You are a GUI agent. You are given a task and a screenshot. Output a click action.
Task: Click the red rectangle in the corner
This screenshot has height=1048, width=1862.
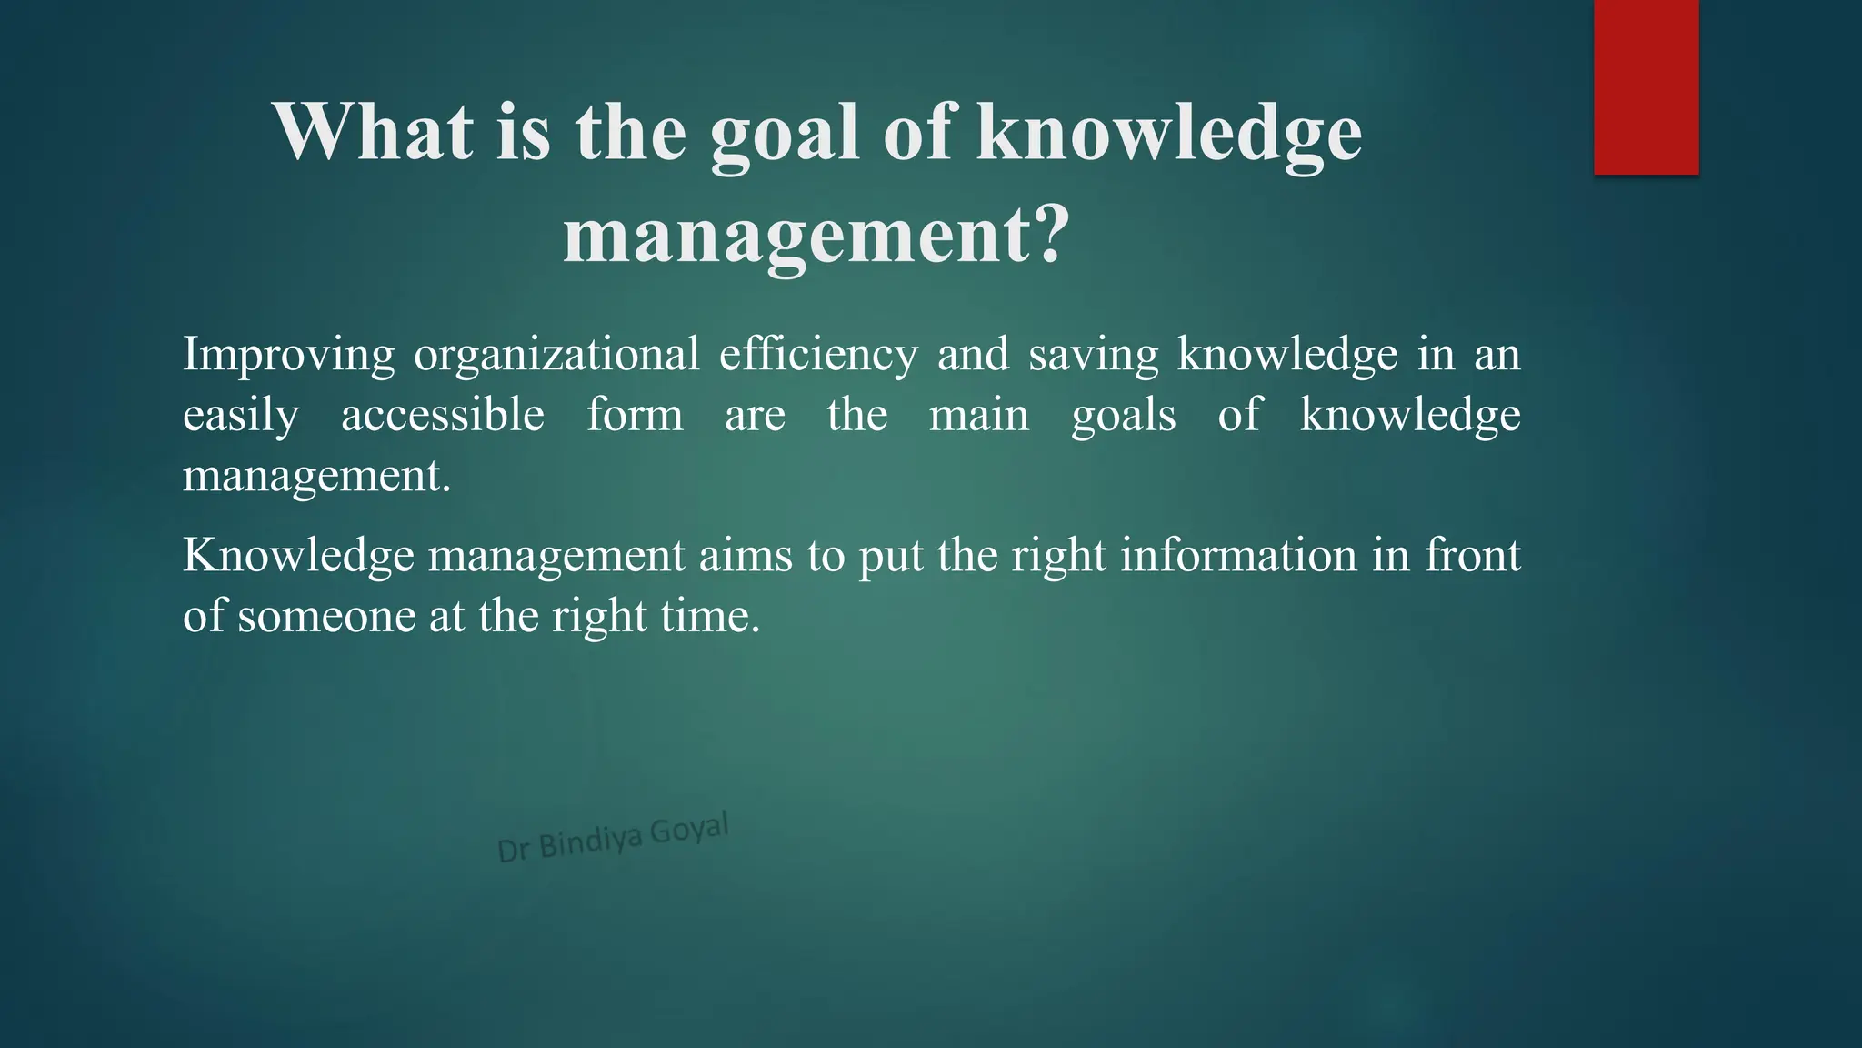(1646, 86)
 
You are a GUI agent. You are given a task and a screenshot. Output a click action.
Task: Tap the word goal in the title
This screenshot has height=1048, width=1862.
(784, 135)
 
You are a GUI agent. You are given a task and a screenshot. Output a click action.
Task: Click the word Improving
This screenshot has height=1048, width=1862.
(288, 355)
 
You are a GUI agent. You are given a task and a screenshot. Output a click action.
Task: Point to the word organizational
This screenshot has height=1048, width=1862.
(556, 355)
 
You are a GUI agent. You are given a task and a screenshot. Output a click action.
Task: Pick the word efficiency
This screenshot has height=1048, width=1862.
(818, 355)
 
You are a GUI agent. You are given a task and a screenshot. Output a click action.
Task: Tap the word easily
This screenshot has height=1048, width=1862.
(240, 417)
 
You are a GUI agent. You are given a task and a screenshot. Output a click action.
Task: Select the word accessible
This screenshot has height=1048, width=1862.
(443, 415)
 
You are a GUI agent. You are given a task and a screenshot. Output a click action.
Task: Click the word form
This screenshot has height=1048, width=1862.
(635, 415)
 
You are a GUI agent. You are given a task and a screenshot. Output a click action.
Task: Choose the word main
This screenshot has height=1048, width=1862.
(978, 415)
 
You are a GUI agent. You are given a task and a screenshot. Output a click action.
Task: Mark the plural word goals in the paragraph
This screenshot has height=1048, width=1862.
(1123, 417)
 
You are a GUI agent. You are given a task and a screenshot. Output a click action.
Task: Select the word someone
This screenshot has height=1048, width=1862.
(326, 617)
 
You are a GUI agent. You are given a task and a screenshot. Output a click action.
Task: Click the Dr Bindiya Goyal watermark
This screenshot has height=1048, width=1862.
(613, 838)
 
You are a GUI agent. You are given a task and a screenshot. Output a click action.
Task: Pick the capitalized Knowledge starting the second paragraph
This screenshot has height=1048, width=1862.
(297, 556)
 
